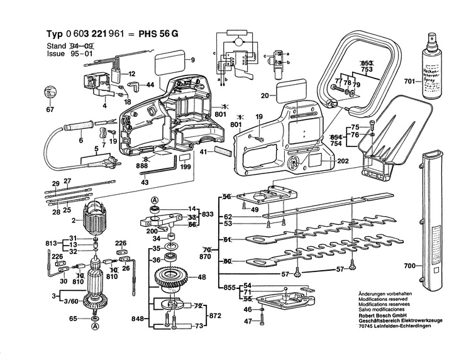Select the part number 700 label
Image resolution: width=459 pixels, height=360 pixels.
[410, 266]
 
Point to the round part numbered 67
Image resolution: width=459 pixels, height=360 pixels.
[50, 94]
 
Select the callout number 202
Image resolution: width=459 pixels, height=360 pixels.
[342, 161]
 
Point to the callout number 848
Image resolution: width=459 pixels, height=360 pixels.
[138, 319]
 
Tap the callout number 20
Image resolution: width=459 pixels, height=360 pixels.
[265, 95]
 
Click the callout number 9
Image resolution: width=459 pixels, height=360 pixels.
[193, 60]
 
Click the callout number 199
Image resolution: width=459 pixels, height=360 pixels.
[185, 168]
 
